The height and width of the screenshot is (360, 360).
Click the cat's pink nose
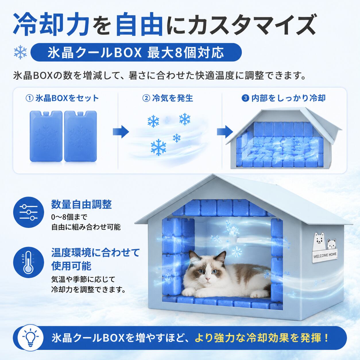click(x=207, y=279)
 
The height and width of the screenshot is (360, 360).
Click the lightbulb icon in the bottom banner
click(x=31, y=338)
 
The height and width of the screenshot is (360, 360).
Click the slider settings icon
click(x=29, y=212)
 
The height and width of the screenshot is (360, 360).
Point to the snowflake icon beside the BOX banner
click(x=20, y=52)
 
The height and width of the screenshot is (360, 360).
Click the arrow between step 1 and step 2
click(x=121, y=132)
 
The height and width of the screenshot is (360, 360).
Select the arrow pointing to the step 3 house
click(x=225, y=132)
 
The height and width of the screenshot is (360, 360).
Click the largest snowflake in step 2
click(x=158, y=147)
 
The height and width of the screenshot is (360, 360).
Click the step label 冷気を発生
click(x=173, y=98)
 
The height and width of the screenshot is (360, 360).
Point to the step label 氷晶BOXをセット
click(x=67, y=98)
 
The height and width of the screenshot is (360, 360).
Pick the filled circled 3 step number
click(x=245, y=98)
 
